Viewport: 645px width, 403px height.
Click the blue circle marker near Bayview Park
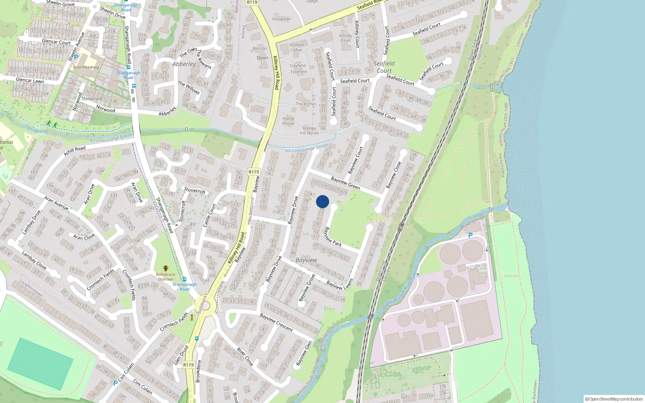[322, 201]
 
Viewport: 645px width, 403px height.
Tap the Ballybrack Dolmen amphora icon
[165, 268]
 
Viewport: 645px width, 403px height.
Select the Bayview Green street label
[345, 183]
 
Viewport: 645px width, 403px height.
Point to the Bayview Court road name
[355, 160]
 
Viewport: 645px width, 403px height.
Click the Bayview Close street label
[393, 175]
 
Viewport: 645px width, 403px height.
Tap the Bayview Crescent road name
[276, 322]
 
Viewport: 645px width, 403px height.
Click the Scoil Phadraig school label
[86, 67]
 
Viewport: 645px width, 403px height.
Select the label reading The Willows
[189, 87]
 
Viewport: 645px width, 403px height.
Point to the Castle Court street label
[210, 215]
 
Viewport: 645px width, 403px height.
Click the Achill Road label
[75, 151]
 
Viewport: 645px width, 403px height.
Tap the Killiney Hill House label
[309, 131]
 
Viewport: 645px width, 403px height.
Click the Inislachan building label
[281, 19]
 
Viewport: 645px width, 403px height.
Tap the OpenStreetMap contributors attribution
[614, 399]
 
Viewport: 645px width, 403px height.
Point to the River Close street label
[245, 357]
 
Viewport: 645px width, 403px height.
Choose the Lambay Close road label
[34, 260]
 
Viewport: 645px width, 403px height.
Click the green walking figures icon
[52, 123]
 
